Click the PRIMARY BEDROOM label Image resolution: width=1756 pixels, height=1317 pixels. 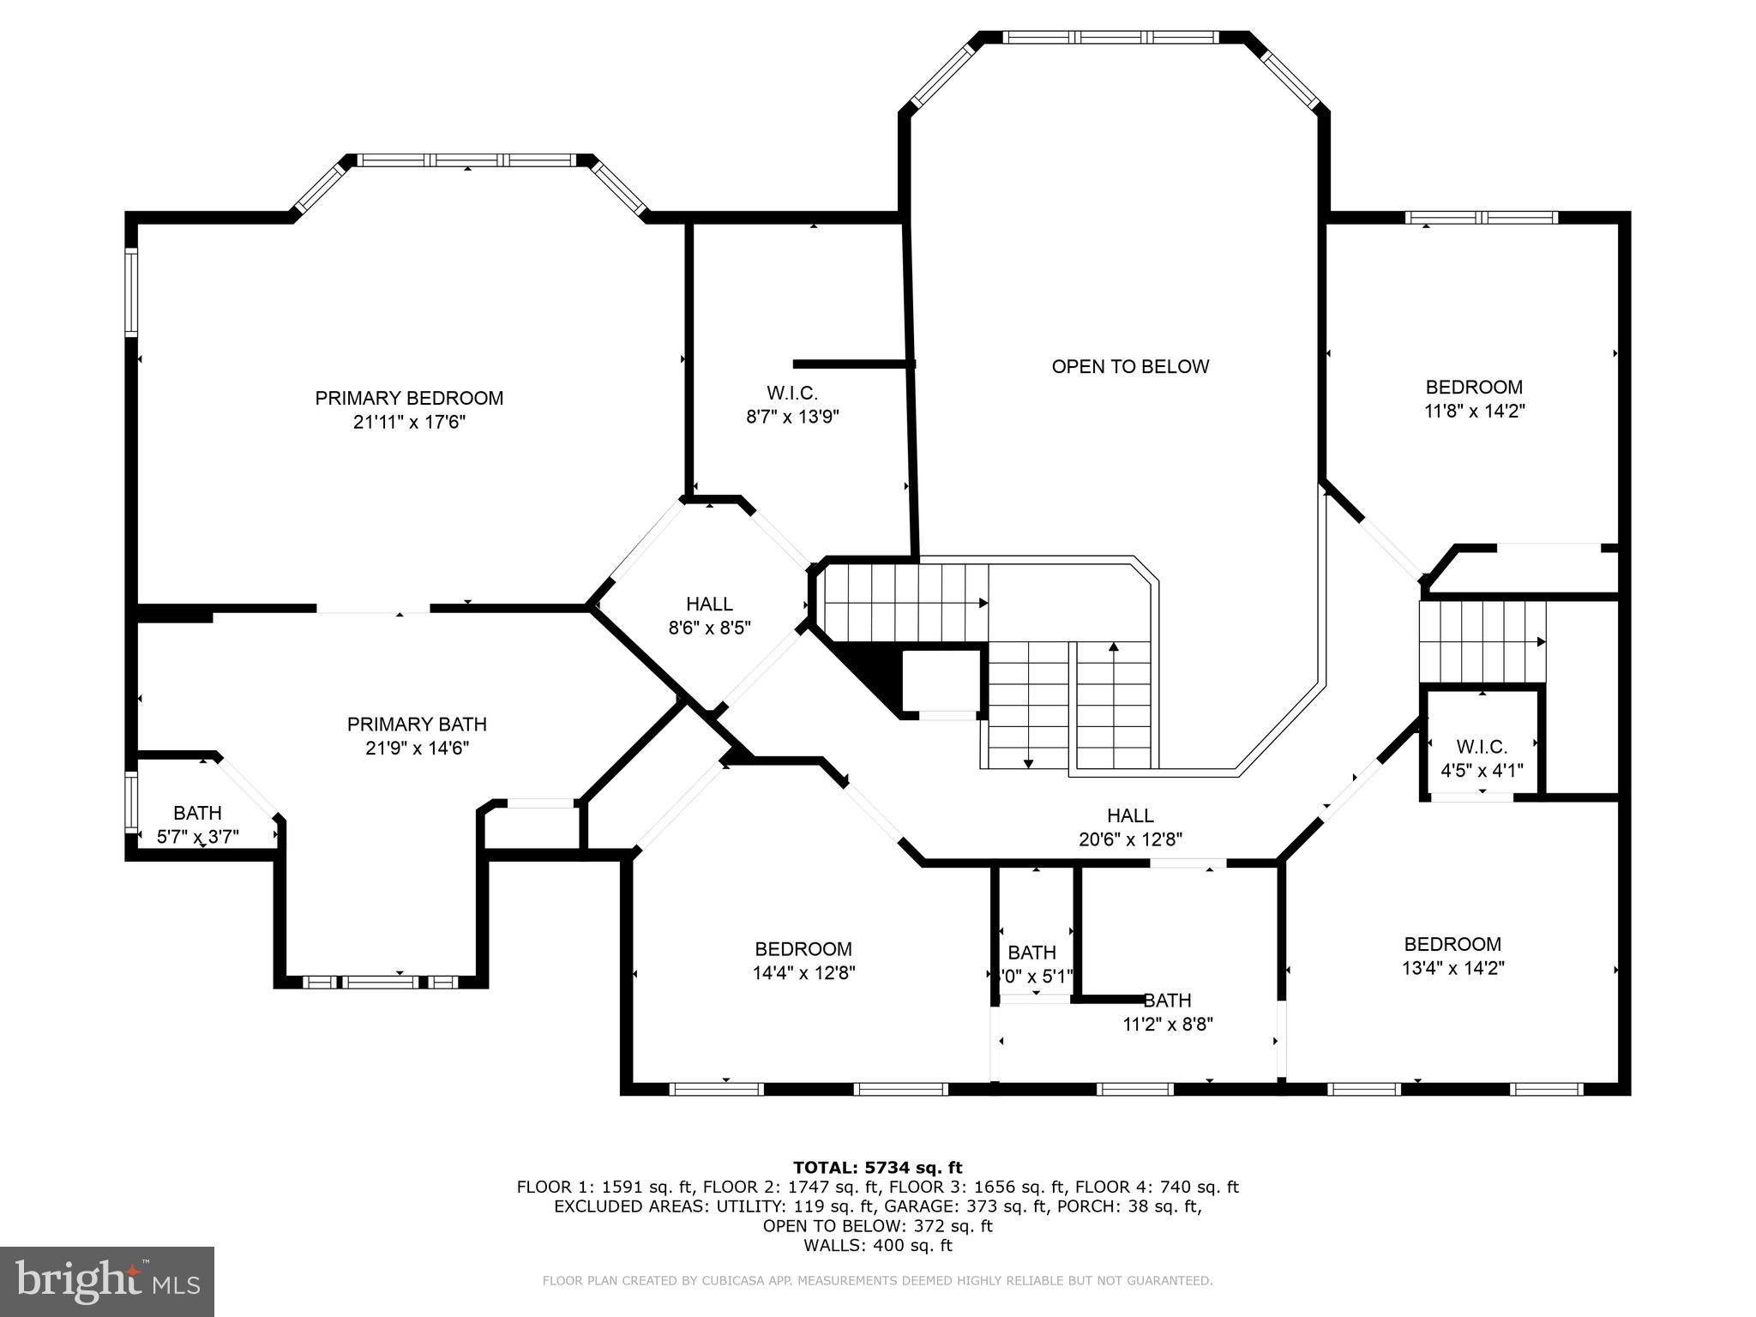pyautogui.click(x=409, y=398)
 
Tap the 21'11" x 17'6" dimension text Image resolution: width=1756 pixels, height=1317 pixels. pyautogui.click(x=409, y=422)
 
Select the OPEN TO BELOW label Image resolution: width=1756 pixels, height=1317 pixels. pyautogui.click(x=1130, y=367)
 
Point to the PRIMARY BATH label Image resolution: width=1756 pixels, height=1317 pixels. pyautogui.click(x=417, y=725)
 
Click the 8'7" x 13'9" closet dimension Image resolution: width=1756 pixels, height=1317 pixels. pyautogui.click(x=792, y=417)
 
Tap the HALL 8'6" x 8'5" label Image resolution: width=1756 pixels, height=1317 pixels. pyautogui.click(x=710, y=616)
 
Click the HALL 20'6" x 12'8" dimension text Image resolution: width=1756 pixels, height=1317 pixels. pyautogui.click(x=1130, y=839)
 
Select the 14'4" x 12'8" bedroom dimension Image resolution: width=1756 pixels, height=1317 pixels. pyautogui.click(x=803, y=973)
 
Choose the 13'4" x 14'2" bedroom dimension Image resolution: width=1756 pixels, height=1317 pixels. pyautogui.click(x=1452, y=968)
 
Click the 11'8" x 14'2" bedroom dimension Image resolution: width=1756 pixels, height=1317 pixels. pyautogui.click(x=1474, y=411)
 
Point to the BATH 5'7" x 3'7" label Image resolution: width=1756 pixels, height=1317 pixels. pyautogui.click(x=198, y=824)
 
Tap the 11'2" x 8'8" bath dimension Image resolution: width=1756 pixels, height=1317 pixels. pyautogui.click(x=1168, y=1024)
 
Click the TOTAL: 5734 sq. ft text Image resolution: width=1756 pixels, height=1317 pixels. pyautogui.click(x=878, y=1167)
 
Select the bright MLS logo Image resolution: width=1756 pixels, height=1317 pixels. pyautogui.click(x=107, y=1282)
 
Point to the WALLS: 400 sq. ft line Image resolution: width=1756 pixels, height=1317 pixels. pyautogui.click(x=878, y=1246)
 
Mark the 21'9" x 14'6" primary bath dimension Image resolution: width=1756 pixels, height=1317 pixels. pyautogui.click(x=417, y=749)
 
